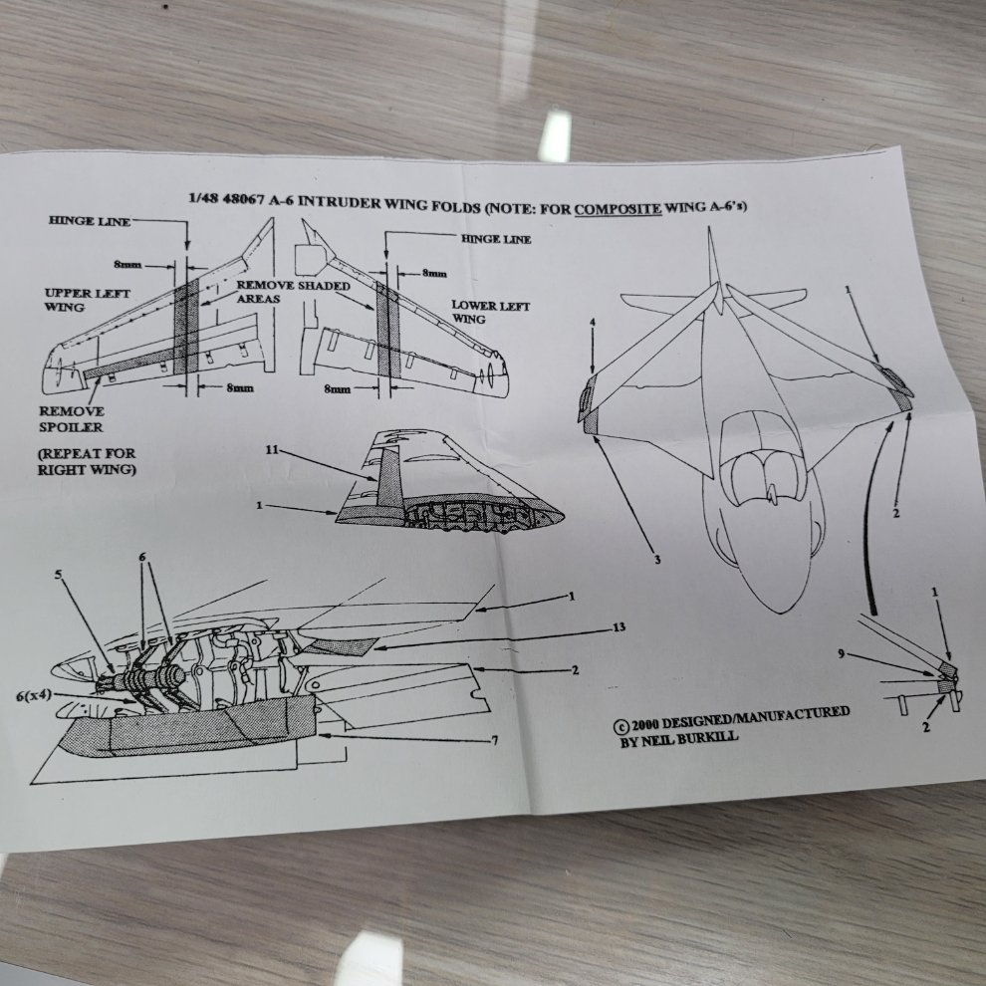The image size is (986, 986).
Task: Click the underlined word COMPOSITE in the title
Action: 617,209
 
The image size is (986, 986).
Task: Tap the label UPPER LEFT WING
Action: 87,300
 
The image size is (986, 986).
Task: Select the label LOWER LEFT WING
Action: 490,312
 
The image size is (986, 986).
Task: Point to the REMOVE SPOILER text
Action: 71,419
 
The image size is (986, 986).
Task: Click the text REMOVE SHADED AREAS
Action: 293,292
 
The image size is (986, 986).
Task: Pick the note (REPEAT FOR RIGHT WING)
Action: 87,461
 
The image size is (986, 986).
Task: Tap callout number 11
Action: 272,449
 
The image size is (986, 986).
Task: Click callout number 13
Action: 618,626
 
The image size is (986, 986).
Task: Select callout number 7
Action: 495,741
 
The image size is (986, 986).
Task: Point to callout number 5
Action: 59,574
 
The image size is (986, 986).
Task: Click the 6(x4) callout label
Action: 34,695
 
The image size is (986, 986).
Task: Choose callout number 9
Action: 842,654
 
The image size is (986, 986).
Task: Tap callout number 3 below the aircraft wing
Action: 657,560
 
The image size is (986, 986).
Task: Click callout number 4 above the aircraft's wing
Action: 592,324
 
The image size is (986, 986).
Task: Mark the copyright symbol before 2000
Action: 620,726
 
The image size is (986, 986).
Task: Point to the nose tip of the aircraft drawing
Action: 780,612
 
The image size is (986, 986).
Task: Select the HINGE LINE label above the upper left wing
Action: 90,221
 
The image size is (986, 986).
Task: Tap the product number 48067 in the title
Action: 243,199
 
